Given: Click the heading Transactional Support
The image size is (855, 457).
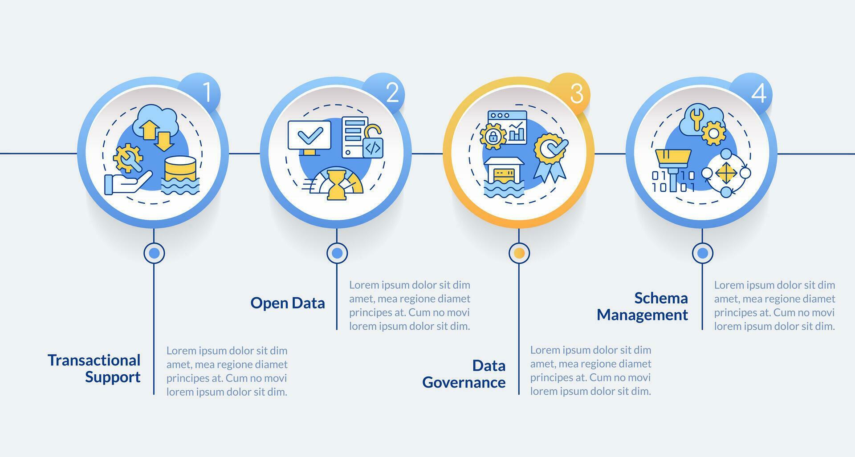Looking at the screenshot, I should (x=94, y=368).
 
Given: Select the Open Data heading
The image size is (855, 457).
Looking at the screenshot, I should (x=288, y=303).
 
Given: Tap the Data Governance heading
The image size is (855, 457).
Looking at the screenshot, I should (x=464, y=374).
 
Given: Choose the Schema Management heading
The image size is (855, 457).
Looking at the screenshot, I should (x=642, y=306).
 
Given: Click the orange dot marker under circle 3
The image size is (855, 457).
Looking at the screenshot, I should (x=519, y=253).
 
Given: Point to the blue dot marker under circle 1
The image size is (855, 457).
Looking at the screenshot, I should (x=154, y=253).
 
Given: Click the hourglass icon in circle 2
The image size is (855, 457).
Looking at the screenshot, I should (x=338, y=183).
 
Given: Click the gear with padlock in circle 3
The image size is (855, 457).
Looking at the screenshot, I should (x=493, y=136).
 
